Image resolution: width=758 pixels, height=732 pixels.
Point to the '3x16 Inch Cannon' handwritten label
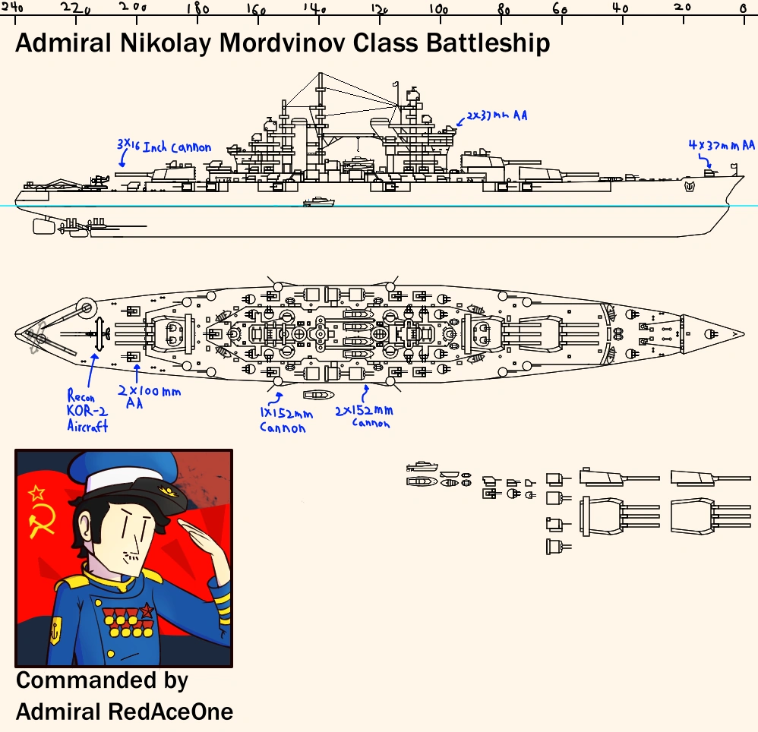tap(163, 146)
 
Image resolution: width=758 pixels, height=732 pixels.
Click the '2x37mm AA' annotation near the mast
tap(497, 115)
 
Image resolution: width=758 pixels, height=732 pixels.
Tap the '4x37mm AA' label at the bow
tap(722, 145)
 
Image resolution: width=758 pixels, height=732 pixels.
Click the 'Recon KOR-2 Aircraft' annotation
tap(87, 411)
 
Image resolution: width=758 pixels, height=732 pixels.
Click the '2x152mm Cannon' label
tap(365, 415)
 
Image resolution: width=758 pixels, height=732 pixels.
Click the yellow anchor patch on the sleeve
tap(55, 629)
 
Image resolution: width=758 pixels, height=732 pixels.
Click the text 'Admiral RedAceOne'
tap(124, 711)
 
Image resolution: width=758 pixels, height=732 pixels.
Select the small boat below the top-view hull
tap(318, 396)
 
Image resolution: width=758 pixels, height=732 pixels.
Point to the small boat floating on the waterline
tap(318, 202)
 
